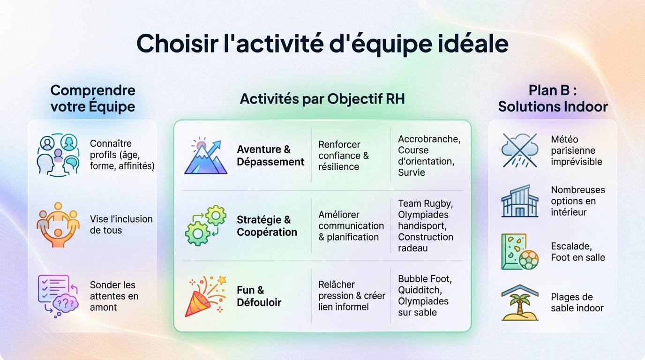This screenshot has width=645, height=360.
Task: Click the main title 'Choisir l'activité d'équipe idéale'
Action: [322, 44]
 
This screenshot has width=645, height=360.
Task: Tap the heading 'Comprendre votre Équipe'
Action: [93, 98]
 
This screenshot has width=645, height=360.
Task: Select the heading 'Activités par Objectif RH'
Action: [322, 99]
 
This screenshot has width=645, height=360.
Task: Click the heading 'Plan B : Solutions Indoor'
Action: [553, 98]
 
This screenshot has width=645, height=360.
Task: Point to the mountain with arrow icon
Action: [205, 156]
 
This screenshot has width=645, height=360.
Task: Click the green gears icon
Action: [205, 225]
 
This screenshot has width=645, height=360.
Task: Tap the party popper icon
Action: [205, 296]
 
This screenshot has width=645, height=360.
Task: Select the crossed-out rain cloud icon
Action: [519, 150]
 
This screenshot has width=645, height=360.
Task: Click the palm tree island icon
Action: [519, 303]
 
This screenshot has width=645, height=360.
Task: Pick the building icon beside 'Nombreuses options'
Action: [519, 201]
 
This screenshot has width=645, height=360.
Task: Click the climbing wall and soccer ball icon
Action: [519, 252]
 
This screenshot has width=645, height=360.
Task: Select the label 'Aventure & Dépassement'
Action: [270, 156]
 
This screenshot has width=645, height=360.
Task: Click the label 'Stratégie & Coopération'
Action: [267, 226]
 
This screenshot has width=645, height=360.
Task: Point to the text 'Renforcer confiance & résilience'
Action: [344, 156]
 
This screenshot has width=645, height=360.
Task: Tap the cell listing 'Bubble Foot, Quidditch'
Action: [425, 296]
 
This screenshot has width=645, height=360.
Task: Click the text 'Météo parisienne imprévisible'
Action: [577, 150]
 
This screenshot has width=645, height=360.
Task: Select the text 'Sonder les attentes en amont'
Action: [114, 296]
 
